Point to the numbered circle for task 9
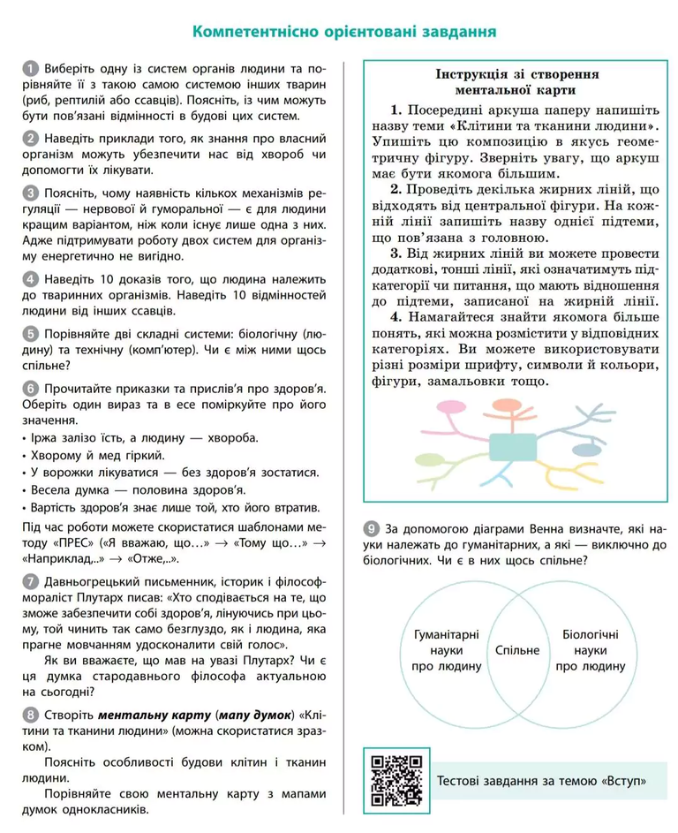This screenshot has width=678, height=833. (x=373, y=528)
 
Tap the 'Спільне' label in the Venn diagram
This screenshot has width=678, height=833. (x=516, y=650)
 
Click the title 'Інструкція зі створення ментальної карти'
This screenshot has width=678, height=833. (x=516, y=81)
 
